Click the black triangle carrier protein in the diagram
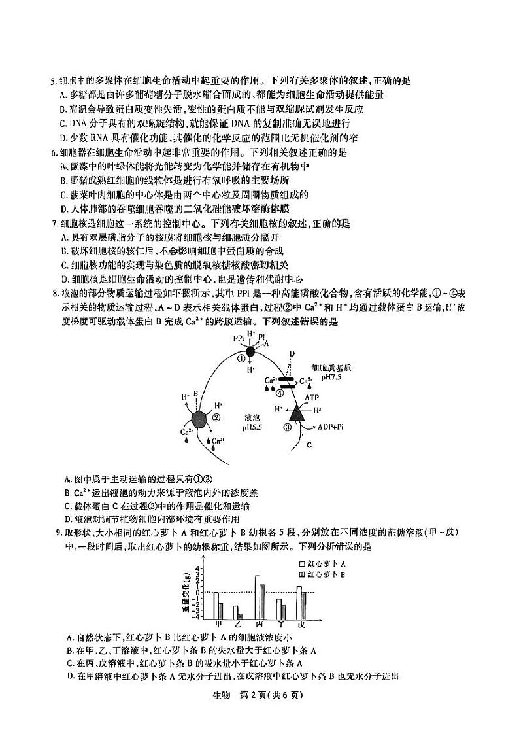point(298,412)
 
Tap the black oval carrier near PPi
point(250,351)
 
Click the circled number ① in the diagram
point(241,358)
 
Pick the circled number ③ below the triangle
point(287,428)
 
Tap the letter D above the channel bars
point(292,353)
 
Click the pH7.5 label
point(333,377)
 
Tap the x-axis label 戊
point(300,625)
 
